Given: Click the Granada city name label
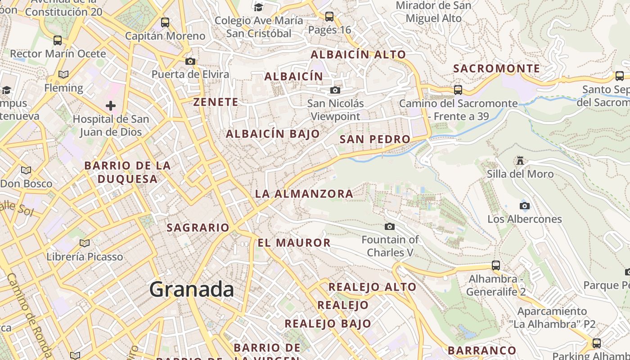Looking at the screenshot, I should (192, 289).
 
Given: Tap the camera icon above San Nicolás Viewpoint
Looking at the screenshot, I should (335, 90).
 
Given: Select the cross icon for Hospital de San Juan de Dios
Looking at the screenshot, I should (110, 106).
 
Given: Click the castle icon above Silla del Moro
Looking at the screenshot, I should (521, 161).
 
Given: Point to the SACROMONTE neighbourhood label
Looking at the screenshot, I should (496, 68).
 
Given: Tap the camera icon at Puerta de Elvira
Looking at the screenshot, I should (190, 61).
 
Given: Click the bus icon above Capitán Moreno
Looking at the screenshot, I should (165, 22).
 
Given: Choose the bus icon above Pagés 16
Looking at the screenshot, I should (329, 17).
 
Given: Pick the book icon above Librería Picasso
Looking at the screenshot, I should (85, 243).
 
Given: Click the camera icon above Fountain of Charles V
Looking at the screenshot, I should (390, 226).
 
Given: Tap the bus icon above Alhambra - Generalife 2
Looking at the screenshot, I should (496, 265).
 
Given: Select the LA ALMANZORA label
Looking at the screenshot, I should (304, 194).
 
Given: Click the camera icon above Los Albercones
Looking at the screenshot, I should (525, 206).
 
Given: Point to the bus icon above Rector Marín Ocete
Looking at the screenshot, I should (58, 40).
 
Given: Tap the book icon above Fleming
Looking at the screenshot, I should (63, 74).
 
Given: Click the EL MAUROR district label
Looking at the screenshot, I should (294, 243).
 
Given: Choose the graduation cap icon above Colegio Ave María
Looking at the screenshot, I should (259, 7).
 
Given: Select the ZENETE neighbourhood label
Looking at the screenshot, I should (216, 102).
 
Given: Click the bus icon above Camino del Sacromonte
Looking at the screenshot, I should (458, 90).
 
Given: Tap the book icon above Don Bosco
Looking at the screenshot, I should (26, 170).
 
